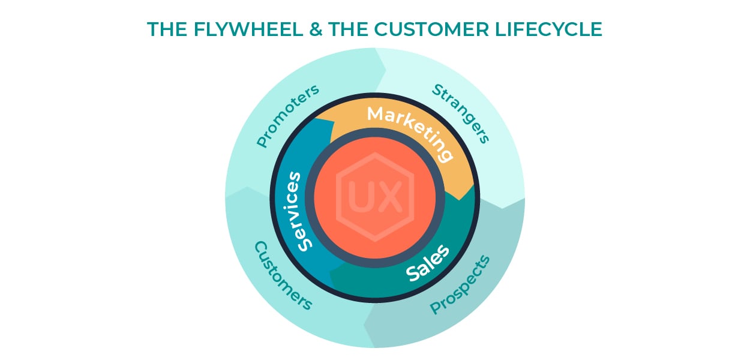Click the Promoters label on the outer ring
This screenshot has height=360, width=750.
pos(287,116)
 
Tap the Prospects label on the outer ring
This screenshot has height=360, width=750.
pos(460,285)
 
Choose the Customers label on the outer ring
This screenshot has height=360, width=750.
pos(283,275)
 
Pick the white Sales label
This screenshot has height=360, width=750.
pos(427,263)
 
